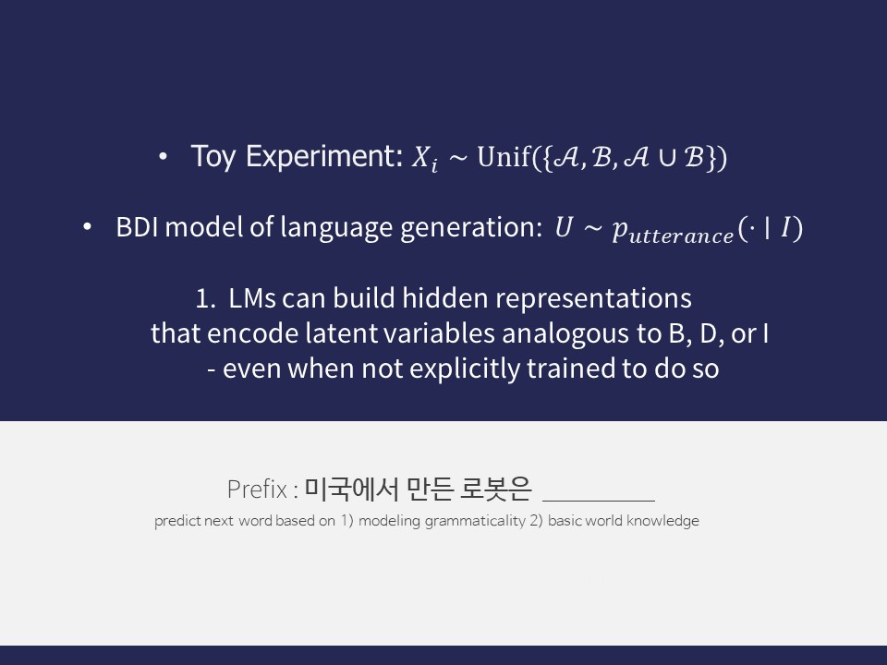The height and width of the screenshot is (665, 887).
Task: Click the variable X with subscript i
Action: coord(421,160)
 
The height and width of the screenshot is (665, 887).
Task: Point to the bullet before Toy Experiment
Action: coord(164,158)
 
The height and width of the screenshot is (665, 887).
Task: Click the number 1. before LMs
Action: coord(205,299)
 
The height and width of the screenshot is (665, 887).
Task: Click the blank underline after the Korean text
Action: coord(599,497)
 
